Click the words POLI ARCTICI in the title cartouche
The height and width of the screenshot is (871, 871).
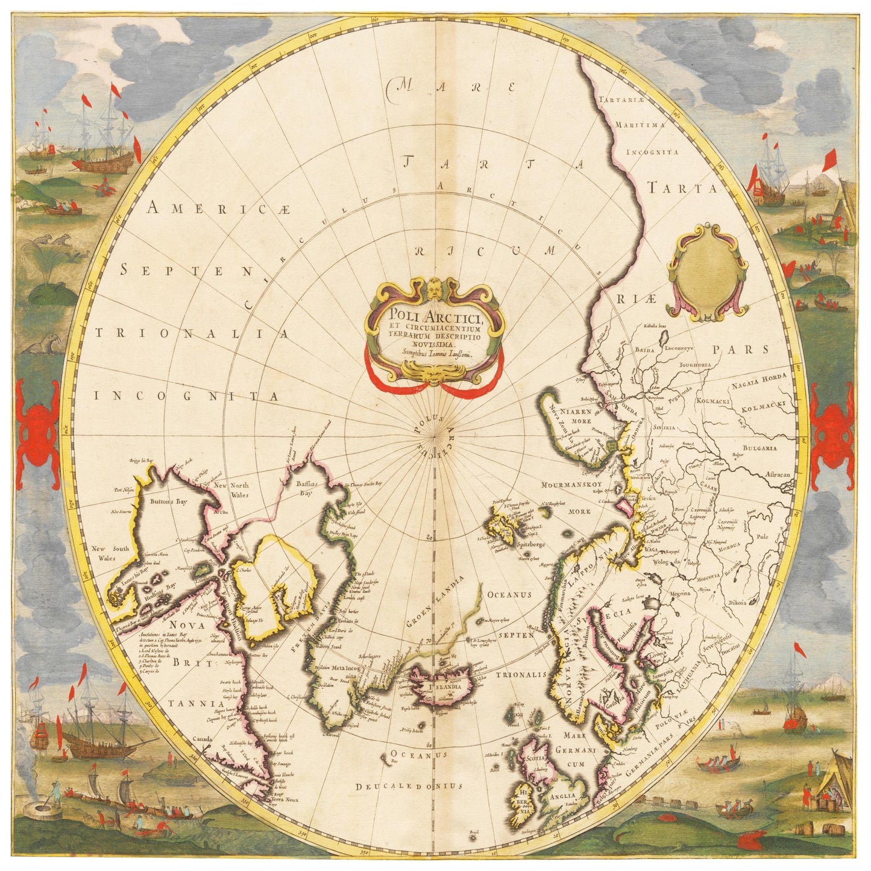pyautogui.click(x=433, y=315)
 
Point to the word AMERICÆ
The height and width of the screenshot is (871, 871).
pyautogui.click(x=219, y=209)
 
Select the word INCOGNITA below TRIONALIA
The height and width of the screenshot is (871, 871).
pyautogui.click(x=186, y=396)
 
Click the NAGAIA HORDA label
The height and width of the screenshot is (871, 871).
pyautogui.click(x=759, y=380)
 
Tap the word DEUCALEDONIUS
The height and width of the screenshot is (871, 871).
pyautogui.click(x=409, y=786)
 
